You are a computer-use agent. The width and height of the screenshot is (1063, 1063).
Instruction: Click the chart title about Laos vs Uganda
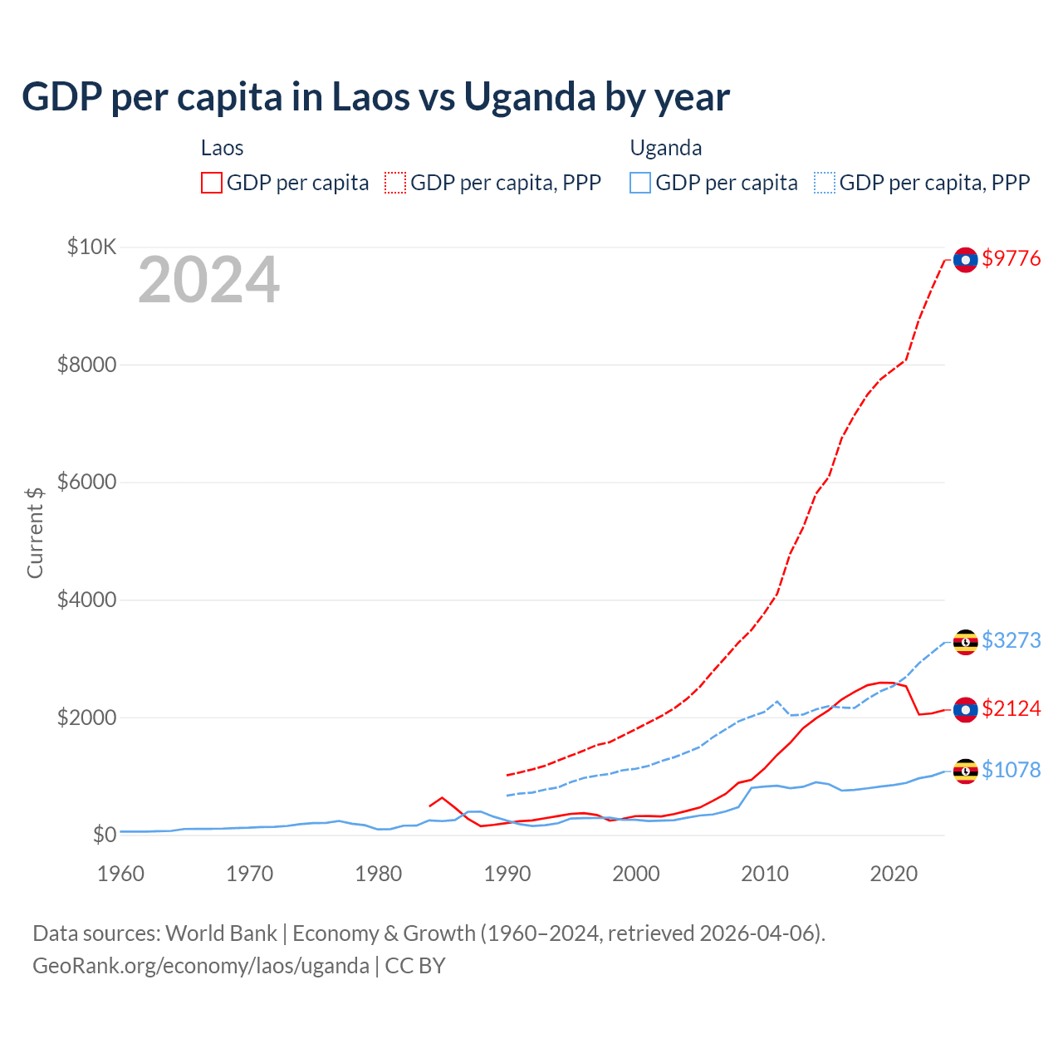click(x=375, y=97)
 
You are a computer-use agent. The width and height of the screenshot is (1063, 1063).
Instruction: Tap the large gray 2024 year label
click(x=208, y=281)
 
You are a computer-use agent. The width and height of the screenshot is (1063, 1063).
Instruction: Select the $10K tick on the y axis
click(x=91, y=247)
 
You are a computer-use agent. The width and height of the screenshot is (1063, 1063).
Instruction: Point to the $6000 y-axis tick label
click(x=86, y=482)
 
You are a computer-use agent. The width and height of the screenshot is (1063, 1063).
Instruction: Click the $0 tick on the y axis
click(x=104, y=834)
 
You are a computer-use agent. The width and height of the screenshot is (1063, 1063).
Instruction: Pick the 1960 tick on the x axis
click(x=121, y=874)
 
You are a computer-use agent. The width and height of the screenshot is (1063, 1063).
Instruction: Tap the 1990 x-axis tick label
click(x=507, y=874)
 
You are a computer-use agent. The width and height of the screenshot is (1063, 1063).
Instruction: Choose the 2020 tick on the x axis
click(x=894, y=874)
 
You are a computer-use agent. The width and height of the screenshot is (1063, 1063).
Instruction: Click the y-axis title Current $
click(x=35, y=532)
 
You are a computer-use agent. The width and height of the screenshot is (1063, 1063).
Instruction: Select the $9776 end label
click(x=1011, y=259)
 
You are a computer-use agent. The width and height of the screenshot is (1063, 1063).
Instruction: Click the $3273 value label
click(x=1011, y=640)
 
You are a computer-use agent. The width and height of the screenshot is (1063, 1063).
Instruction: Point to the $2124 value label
click(x=1011, y=708)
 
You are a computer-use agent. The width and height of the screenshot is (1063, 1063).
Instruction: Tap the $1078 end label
click(x=1011, y=770)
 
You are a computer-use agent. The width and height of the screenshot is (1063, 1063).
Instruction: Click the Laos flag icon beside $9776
click(x=965, y=260)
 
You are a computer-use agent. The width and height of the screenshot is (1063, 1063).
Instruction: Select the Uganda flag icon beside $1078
click(x=965, y=772)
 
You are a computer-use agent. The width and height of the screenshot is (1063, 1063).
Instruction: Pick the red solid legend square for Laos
click(x=212, y=183)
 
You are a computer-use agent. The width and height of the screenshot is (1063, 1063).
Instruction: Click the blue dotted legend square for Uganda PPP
click(x=825, y=183)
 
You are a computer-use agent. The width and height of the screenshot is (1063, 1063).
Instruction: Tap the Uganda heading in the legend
click(x=666, y=148)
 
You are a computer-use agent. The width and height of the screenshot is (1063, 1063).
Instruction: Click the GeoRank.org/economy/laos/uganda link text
click(x=201, y=966)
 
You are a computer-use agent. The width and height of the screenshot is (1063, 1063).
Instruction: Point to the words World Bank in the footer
click(x=221, y=933)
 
